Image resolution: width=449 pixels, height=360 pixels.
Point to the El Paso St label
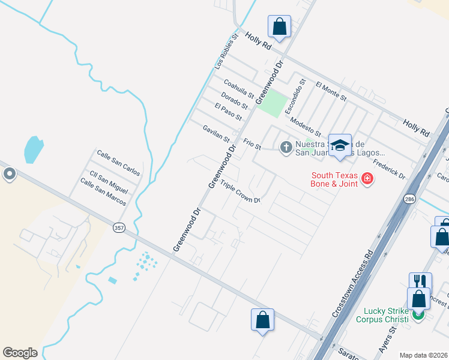point(228,111)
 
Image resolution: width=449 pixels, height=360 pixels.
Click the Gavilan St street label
point(216,133)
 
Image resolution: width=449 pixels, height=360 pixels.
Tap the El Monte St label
point(331,90)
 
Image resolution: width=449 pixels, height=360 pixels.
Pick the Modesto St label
point(305,127)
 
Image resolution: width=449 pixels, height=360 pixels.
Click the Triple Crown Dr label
point(240,191)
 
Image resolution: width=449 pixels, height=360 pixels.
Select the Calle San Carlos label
point(118,163)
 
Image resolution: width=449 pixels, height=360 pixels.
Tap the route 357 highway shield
point(118,227)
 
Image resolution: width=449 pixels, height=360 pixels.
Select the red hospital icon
point(366,178)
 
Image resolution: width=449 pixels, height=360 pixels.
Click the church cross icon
point(286,146)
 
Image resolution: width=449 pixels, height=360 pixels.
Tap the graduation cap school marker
point(340,145)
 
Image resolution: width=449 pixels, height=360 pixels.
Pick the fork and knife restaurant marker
point(420,281)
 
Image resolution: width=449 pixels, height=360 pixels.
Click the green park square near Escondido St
point(273,103)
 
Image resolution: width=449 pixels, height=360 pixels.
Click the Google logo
point(20,353)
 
